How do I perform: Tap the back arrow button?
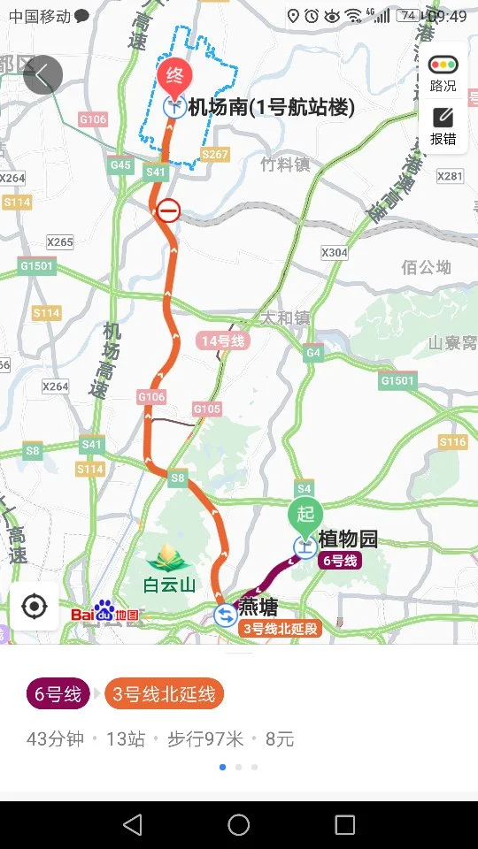tap(42, 75)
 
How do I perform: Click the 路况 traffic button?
tap(443, 73)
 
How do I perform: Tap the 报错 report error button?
tap(443, 126)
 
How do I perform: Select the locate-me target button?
tap(35, 607)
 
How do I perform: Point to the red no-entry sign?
tap(168, 210)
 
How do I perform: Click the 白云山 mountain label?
tap(169, 585)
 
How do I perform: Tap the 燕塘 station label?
tap(258, 608)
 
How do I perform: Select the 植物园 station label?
tap(349, 539)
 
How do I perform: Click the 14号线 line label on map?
tap(222, 340)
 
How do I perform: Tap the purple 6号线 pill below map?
tap(58, 694)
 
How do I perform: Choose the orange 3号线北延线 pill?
tap(164, 694)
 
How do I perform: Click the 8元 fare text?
tap(280, 739)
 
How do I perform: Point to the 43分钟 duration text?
tap(56, 739)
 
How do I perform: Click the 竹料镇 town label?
tap(285, 164)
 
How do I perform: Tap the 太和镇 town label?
tap(285, 317)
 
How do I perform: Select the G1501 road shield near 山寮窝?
tap(397, 380)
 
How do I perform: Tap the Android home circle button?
tap(239, 825)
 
